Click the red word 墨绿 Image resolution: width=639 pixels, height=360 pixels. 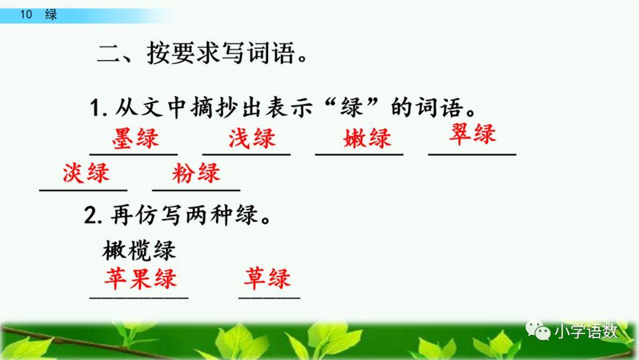click(135, 139)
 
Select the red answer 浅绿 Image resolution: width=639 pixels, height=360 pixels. click(252, 139)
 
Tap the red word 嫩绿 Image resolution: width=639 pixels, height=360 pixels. click(367, 139)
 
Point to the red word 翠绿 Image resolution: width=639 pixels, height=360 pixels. click(472, 134)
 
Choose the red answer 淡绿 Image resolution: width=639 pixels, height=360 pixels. click(86, 173)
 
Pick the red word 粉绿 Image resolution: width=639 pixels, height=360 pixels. click(196, 173)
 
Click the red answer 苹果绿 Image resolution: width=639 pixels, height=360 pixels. click(140, 278)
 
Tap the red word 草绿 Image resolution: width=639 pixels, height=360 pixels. click(267, 278)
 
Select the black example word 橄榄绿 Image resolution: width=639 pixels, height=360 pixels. click(140, 250)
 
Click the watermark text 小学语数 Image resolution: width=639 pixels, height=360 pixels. click(586, 332)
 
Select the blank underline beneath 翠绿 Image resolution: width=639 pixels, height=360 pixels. click(472, 155)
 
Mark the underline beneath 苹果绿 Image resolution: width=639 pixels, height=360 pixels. click(139, 297)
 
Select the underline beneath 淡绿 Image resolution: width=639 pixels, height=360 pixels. click(83, 191)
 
